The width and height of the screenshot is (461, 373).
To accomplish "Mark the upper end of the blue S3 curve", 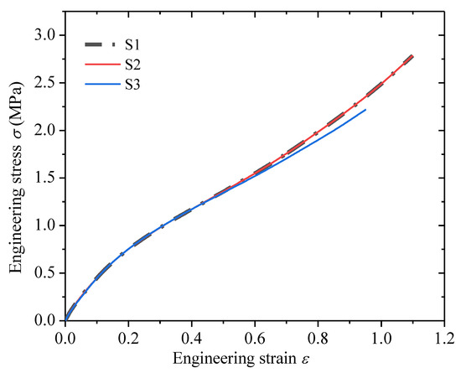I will (x=365, y=110).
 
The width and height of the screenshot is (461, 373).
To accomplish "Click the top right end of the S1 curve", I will (x=412, y=56).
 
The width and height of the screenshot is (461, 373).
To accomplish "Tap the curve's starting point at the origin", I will (x=65, y=320).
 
